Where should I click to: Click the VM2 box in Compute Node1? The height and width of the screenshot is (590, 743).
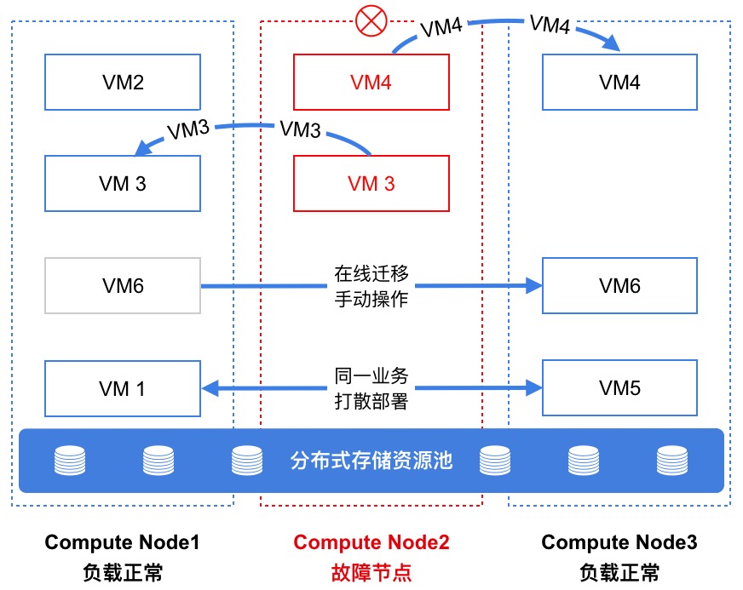tap(123, 83)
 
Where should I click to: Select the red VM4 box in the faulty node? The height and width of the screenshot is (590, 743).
tap(371, 83)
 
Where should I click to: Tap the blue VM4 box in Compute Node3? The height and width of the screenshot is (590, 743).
tap(619, 83)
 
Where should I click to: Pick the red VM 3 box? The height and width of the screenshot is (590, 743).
tap(371, 183)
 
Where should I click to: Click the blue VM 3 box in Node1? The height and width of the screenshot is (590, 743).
tap(123, 183)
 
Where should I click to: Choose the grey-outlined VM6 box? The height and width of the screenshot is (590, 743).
tap(123, 286)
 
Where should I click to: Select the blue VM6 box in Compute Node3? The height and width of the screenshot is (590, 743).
tap(619, 286)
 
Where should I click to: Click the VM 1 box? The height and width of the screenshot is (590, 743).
tap(123, 389)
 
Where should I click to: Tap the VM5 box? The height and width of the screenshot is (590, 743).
tap(619, 389)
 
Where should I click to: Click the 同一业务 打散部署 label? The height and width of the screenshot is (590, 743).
tap(371, 389)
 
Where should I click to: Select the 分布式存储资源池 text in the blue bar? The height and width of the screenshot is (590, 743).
tap(371, 461)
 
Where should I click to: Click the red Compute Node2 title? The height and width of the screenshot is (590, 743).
tap(371, 542)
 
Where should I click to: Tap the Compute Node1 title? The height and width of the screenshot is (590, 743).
tap(122, 542)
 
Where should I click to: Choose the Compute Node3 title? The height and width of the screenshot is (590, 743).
tap(619, 542)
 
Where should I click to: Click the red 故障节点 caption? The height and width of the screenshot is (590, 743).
tap(371, 571)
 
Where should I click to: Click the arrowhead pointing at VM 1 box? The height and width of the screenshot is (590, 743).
tap(211, 389)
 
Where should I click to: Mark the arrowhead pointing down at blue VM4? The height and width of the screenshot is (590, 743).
tap(608, 45)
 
